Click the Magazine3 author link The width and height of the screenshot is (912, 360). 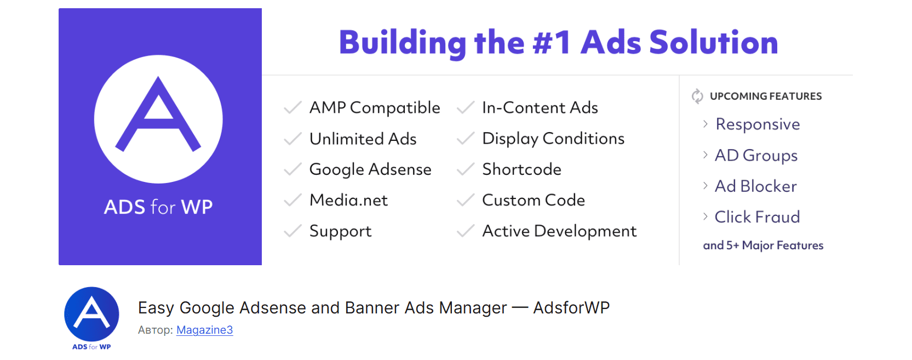click(204, 330)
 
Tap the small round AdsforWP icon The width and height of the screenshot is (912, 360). click(91, 314)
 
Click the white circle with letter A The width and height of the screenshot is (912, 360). click(158, 119)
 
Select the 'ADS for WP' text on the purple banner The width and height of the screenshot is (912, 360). click(158, 207)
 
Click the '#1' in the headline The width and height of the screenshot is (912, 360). click(552, 43)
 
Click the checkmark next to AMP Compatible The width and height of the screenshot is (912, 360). click(293, 107)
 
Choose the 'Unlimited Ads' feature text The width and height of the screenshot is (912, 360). click(363, 139)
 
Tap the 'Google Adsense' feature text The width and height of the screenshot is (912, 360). click(370, 169)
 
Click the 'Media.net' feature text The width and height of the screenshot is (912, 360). click(348, 200)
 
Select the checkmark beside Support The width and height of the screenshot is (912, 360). click(293, 231)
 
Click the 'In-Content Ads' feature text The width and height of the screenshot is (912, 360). click(540, 107)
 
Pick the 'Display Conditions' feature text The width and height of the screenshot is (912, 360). click(553, 139)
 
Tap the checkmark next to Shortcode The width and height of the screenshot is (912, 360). click(465, 169)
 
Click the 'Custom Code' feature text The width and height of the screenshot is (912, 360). click(533, 200)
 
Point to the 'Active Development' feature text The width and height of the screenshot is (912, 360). click(559, 231)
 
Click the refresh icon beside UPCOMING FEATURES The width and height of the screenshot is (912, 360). click(697, 96)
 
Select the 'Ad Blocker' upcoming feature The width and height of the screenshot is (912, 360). click(755, 186)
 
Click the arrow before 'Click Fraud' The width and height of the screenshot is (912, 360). click(705, 216)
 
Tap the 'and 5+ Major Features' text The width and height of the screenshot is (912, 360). click(763, 245)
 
